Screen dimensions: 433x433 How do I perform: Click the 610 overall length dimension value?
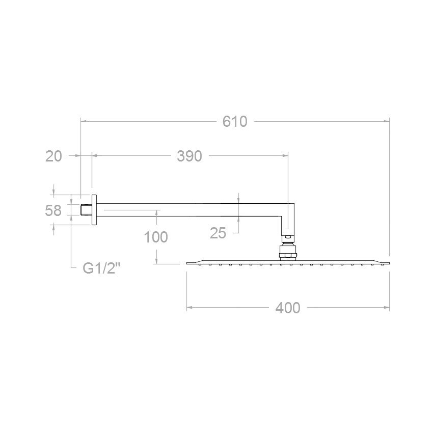235,122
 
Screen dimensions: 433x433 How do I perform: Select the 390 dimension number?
190,156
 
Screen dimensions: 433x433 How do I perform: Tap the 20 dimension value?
53,156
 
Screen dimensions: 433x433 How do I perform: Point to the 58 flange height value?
53,210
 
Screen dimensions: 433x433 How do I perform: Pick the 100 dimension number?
156,236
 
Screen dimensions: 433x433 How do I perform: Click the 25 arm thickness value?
218,233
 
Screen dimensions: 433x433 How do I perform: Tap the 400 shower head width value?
288,308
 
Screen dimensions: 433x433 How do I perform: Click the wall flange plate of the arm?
94,209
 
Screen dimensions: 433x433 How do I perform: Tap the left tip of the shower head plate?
188,263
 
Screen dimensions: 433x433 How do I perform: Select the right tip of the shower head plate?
389,263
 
